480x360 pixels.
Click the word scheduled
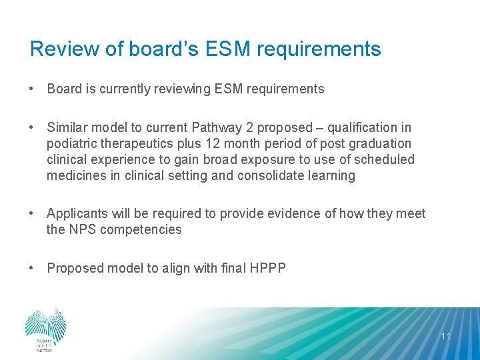[385, 159]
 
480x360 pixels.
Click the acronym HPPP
[268, 268]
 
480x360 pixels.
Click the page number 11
[446, 336]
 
